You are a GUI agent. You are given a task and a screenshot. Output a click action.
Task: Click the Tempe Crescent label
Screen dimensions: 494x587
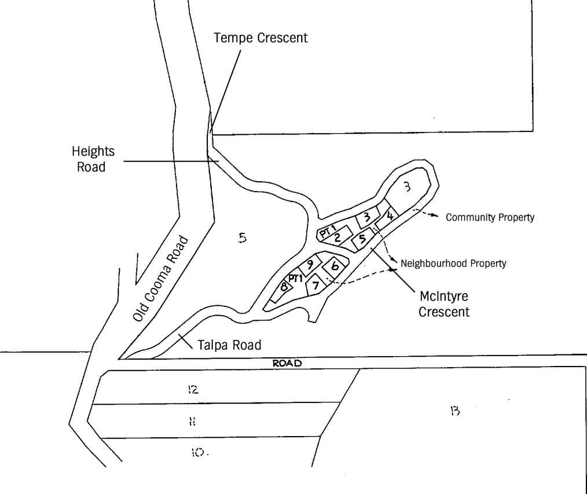tap(261, 38)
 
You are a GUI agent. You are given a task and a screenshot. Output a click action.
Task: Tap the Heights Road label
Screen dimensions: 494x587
tap(93, 159)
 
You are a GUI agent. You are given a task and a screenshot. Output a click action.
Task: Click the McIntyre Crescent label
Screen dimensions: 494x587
tap(444, 304)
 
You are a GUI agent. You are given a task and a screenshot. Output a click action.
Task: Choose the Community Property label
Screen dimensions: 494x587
tap(490, 218)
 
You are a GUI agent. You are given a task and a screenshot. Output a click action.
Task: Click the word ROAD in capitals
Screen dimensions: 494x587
tap(288, 364)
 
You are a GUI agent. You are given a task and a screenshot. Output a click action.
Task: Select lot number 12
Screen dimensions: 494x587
tap(193, 389)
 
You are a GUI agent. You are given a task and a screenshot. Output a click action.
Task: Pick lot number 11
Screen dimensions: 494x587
tap(191, 422)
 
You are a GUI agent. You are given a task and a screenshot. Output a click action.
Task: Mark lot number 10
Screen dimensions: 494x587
tap(197, 453)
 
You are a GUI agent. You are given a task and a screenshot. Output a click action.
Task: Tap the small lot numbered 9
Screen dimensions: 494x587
tap(310, 265)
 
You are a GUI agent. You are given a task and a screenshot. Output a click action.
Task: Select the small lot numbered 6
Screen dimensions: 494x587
tap(335, 266)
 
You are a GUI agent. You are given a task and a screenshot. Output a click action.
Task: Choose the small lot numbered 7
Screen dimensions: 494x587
tap(315, 285)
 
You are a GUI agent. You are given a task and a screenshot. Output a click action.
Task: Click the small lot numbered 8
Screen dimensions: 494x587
tap(284, 286)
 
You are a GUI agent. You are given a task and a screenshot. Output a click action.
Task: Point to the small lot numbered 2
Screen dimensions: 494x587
tap(336, 237)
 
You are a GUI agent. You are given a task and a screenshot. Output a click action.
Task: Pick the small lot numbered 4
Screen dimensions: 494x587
tap(390, 215)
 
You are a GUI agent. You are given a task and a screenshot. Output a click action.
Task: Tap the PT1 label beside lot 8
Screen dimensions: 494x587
tap(296, 279)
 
